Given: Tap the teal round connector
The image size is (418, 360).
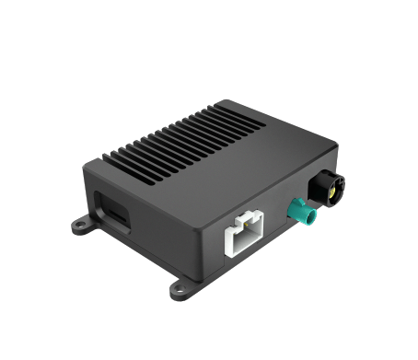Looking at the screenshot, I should (x=302, y=217).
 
